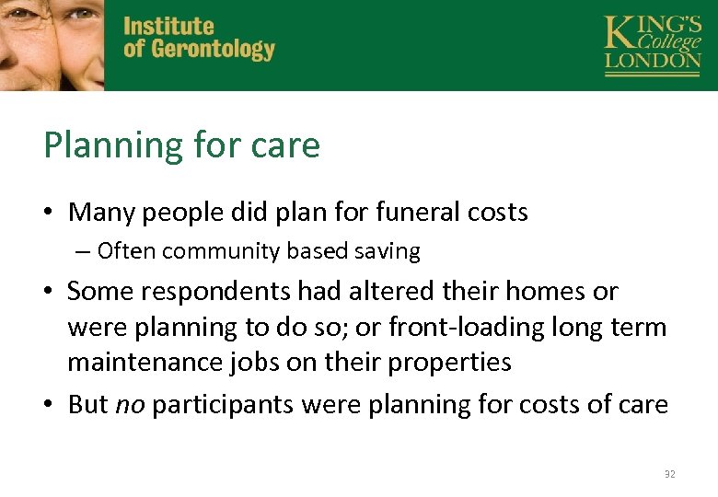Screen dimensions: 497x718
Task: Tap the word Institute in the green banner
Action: tap(168, 27)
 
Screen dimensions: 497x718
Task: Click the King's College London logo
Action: tap(652, 44)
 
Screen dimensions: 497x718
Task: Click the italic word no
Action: tap(130, 405)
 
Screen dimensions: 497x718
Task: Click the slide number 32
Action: tap(669, 475)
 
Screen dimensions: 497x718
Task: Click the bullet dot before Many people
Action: tap(52, 214)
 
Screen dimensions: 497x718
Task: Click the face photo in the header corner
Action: tap(52, 44)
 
